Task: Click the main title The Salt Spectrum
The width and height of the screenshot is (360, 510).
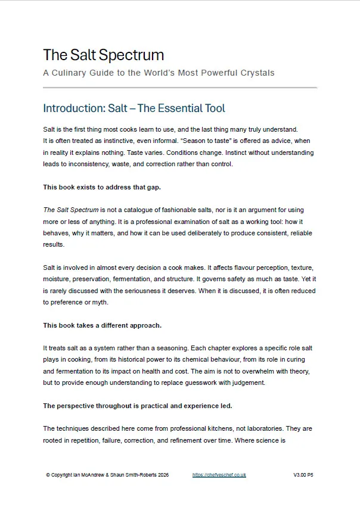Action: pyautogui.click(x=103, y=55)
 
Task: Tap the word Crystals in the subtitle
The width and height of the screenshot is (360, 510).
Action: pyautogui.click(x=255, y=73)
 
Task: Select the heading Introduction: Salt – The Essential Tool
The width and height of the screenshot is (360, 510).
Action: pyautogui.click(x=134, y=108)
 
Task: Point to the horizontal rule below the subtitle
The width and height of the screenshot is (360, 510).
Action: pyautogui.click(x=180, y=88)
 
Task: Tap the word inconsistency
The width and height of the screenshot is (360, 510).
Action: pyautogui.click(x=86, y=164)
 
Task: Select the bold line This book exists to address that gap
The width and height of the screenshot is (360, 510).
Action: pyautogui.click(x=101, y=187)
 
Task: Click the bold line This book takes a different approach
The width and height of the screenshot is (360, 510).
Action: pyautogui.click(x=102, y=326)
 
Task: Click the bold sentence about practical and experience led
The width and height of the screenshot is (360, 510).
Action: pyautogui.click(x=137, y=406)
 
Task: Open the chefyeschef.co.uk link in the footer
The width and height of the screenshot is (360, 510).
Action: pyautogui.click(x=219, y=475)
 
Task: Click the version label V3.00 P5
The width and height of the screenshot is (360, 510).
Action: pyautogui.click(x=303, y=475)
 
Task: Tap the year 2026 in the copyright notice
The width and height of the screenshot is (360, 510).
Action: pyautogui.click(x=162, y=475)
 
